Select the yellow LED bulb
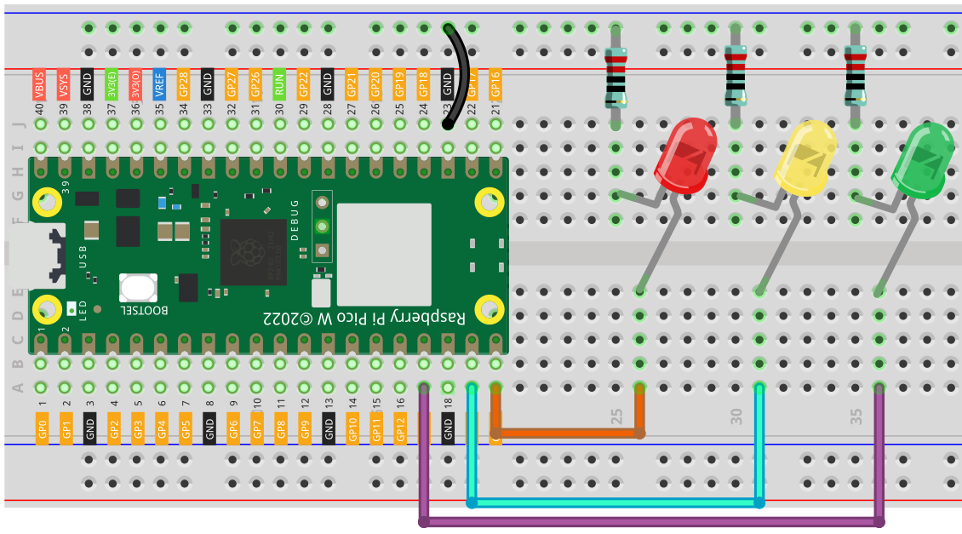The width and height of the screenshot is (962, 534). [805, 157]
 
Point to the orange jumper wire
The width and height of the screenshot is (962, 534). [566, 433]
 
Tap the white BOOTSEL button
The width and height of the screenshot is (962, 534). [139, 287]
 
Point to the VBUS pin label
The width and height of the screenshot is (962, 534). [39, 86]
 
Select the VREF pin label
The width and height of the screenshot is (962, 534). [159, 86]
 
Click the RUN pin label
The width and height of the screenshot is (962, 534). [278, 86]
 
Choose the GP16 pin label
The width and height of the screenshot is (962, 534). [496, 86]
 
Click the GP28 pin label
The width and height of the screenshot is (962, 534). [183, 86]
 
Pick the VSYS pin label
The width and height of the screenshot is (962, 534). [64, 86]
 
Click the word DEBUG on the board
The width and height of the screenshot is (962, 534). [295, 220]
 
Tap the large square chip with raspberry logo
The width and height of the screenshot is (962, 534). [253, 252]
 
